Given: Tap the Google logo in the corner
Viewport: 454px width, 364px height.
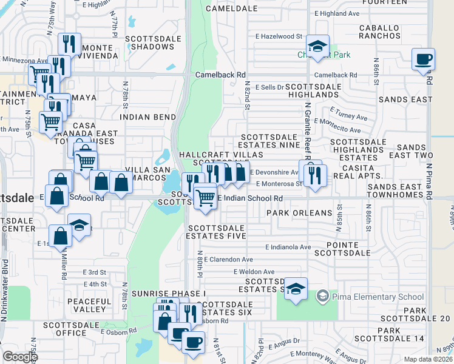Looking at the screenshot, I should pos(20,357).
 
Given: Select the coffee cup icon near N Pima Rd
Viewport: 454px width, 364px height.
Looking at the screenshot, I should pos(423,59).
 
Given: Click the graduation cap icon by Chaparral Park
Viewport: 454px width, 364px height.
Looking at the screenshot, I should pos(316,46).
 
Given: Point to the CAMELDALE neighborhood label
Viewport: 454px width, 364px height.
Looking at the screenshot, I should pos(228,8).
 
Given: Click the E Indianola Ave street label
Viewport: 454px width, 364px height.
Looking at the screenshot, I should pos(288,247).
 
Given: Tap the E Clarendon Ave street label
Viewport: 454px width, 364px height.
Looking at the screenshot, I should pos(232,259).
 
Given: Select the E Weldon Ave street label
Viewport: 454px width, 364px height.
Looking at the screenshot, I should pos(254,272).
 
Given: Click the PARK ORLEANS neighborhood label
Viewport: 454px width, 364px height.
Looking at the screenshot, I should pos(299,213).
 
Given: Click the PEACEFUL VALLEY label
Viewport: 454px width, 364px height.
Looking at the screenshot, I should pos(90,305).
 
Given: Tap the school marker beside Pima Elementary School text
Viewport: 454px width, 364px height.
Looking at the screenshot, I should pos(322,296).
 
